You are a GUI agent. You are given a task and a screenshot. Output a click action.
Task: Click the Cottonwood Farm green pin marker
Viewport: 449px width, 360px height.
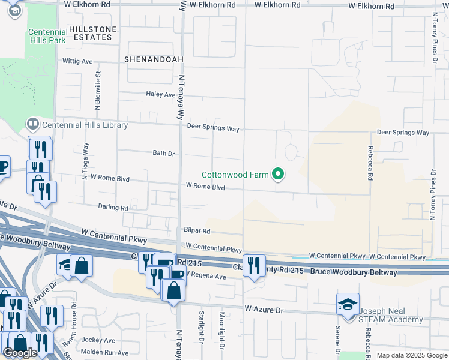pyautogui.click(x=277, y=175)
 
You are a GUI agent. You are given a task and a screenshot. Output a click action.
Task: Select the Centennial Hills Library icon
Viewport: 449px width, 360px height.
pyautogui.click(x=32, y=125)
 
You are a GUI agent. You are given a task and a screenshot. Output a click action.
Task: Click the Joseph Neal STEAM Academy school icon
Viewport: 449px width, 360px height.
pyautogui.click(x=348, y=304)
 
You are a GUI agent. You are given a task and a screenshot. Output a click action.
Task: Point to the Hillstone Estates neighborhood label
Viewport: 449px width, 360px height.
pyautogui.click(x=91, y=32)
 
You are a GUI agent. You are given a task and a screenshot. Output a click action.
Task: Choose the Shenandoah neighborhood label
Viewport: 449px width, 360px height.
pyautogui.click(x=148, y=60)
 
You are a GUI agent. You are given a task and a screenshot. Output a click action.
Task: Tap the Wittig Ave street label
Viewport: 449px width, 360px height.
pyautogui.click(x=78, y=61)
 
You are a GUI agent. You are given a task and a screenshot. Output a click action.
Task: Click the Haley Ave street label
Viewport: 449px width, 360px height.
pyautogui.click(x=160, y=94)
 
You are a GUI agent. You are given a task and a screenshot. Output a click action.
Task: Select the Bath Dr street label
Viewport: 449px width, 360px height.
pyautogui.click(x=163, y=153)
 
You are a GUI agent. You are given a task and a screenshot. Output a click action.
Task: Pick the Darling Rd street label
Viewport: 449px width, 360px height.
pyautogui.click(x=113, y=208)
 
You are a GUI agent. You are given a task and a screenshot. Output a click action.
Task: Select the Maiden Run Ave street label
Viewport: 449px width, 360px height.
pyautogui.click(x=106, y=353)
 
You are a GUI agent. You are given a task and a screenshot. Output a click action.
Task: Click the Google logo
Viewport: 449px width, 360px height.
pyautogui.click(x=20, y=352)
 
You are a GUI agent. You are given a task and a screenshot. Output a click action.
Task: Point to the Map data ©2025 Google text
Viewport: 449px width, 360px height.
pyautogui.click(x=411, y=355)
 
